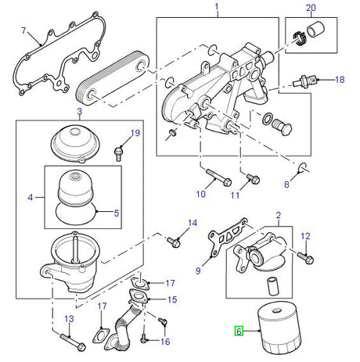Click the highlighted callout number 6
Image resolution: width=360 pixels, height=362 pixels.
coord(239,332)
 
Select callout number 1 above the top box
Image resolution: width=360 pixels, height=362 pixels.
coord(217,9)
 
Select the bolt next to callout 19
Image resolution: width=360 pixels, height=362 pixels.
coord(118,150)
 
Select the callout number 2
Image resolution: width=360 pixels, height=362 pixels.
coord(278,213)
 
